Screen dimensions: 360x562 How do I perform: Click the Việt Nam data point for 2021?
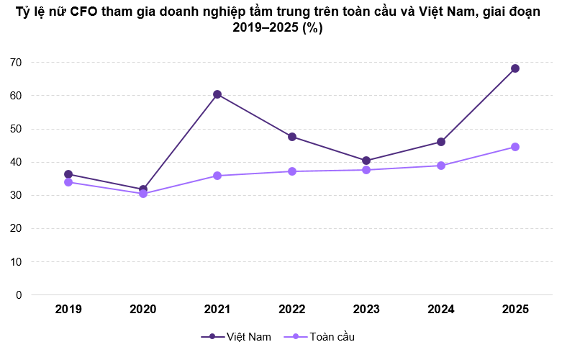pos(217,94)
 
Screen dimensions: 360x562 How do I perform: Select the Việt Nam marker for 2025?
pos(515,68)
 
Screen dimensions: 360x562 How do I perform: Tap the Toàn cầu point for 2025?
pos(515,147)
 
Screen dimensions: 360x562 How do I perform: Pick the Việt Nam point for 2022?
pos(292,137)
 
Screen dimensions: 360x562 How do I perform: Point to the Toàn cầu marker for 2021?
pos(217,176)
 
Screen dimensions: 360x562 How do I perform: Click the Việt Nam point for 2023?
pos(366,161)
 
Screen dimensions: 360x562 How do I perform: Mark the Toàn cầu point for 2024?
pos(441,166)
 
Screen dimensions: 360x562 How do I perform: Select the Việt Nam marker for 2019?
pos(68,174)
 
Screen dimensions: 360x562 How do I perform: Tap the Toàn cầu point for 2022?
pos(292,171)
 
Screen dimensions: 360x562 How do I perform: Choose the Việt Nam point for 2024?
pos(441,142)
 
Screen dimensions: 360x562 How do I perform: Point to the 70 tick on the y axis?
pos(16,63)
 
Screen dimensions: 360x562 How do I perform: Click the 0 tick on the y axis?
pos(19,295)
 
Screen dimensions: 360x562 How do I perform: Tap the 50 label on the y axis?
pos(16,129)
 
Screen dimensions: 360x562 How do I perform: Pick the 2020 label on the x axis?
pos(143,310)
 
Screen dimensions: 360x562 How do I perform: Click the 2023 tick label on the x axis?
pos(366,310)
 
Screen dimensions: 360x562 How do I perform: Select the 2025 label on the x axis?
pos(515,310)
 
